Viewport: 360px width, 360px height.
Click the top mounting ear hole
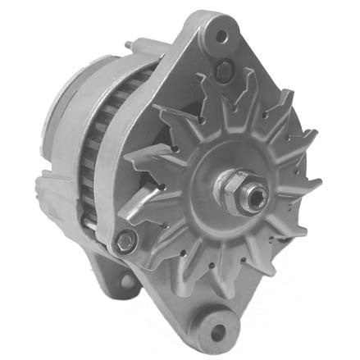(x=221, y=36)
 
